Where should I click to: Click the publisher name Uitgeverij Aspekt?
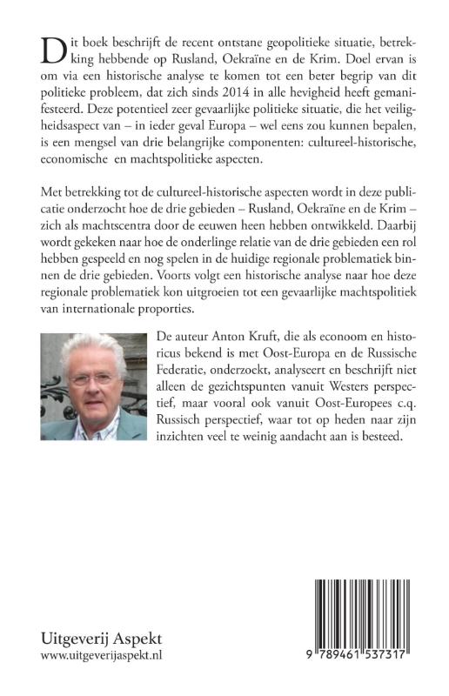[101, 637]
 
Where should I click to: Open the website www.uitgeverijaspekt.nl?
[102, 657]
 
